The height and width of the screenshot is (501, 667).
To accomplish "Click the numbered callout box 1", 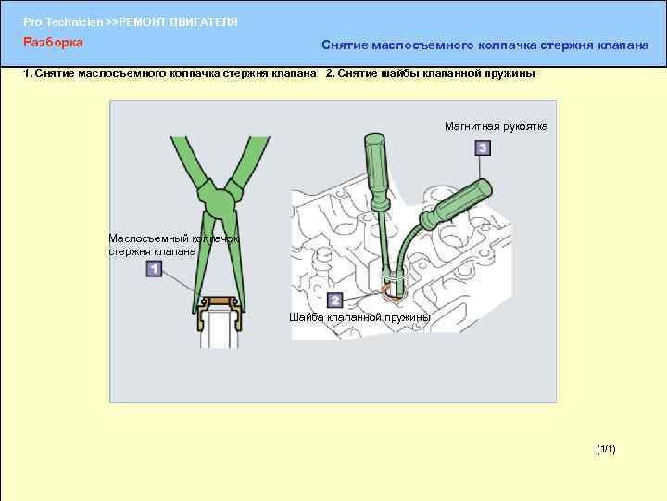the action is point(154,269).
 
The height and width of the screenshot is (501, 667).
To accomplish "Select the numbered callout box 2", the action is point(334,301).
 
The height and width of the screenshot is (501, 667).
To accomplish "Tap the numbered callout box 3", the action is point(483,148).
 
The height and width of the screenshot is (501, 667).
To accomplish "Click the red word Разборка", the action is point(53,42).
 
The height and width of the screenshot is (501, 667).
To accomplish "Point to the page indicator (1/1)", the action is point(606,449).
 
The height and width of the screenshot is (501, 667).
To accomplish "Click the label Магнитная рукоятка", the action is point(496,126).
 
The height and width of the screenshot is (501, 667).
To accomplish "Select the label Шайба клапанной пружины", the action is point(359,317).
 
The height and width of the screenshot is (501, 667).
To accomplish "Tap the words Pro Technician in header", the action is point(63,22).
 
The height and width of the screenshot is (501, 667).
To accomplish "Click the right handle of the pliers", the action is point(250,161).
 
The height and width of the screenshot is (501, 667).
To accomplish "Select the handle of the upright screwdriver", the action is point(377,172).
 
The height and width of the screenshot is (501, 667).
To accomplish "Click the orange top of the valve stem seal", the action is point(220,301).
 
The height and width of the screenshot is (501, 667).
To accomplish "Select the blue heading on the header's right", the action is point(485,45).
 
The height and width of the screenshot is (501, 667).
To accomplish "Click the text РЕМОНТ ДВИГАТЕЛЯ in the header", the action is point(178,22).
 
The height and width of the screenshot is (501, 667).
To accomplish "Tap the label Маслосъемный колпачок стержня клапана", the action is point(172,245).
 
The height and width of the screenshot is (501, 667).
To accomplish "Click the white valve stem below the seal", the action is point(219,331).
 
